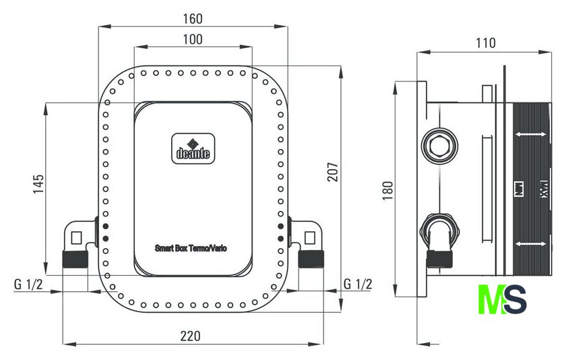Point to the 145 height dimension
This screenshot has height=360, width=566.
click(x=38, y=184)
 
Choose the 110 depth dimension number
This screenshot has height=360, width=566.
click(x=485, y=43)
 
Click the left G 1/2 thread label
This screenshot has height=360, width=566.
click(x=28, y=284)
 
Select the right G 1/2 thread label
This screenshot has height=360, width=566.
click(x=357, y=284)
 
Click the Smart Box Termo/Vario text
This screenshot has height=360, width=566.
click(x=191, y=248)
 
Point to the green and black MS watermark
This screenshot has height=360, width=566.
click(x=501, y=299)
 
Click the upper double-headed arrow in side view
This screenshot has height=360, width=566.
click(x=530, y=136)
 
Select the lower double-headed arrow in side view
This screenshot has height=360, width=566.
click(x=530, y=243)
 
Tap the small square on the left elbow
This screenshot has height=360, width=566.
click(x=75, y=237)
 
